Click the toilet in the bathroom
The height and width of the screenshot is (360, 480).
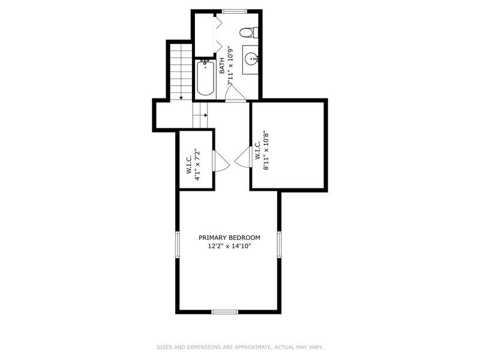pos(248,32)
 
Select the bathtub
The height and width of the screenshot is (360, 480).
pos(205,79)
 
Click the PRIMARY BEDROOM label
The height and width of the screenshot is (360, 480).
pos(229,238)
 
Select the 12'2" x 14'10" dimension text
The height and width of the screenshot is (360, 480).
pos(229,246)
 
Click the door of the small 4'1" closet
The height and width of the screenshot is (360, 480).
pos(220,161)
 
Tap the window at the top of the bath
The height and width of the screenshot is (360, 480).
pos(234,11)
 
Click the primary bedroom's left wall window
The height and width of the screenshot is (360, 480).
pos(177,245)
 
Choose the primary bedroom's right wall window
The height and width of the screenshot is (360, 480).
pos(279,245)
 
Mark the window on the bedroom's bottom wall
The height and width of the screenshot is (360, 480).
pos(225,311)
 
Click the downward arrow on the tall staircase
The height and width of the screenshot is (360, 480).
pos(181,97)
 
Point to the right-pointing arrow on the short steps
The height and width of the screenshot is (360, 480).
pos(205,115)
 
